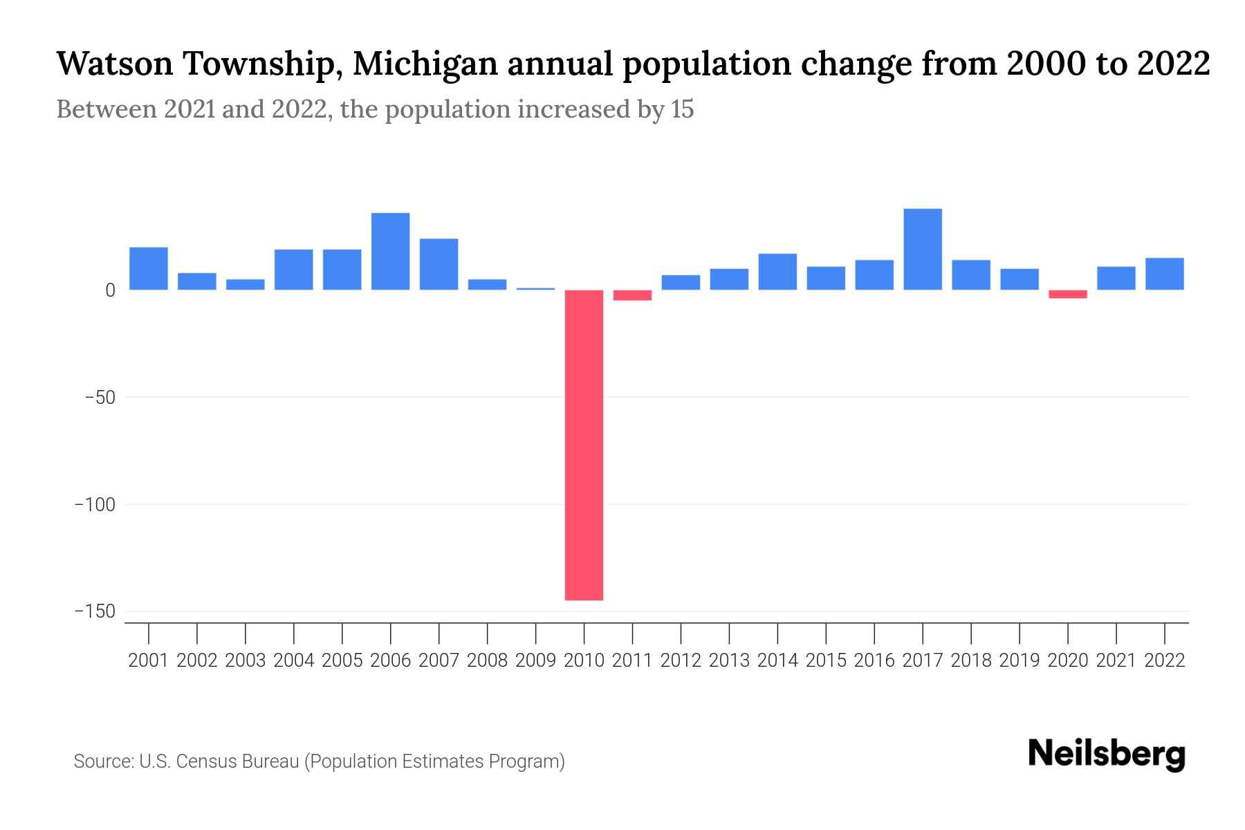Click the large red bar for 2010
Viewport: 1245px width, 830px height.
584,444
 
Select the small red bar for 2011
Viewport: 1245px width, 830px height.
632,295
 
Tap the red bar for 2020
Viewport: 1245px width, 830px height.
1067,294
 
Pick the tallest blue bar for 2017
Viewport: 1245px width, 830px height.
922,249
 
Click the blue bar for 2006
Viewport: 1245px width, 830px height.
390,251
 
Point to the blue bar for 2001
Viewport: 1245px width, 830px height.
149,268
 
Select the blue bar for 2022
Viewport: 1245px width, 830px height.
1164,274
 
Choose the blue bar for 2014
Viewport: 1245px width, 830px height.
777,272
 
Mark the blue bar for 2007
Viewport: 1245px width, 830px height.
439,264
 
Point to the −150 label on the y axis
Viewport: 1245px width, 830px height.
95,611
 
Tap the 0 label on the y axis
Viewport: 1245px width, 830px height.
110,290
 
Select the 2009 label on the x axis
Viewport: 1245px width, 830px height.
535,661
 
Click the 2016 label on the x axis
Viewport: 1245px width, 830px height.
874,661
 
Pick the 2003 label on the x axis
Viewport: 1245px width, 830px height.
246,661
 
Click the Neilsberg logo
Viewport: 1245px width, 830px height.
1107,754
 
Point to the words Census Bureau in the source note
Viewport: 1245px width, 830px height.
239,762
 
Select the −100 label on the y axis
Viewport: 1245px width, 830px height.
95,505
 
